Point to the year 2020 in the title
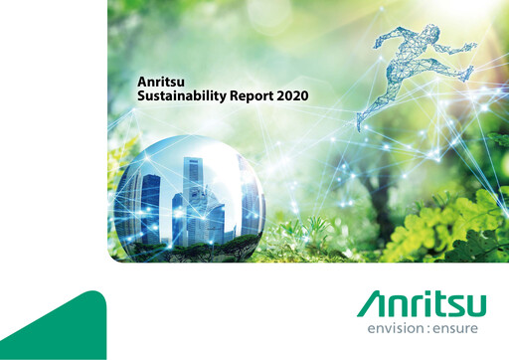pos(294,96)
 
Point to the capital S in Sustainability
pos(140,96)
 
